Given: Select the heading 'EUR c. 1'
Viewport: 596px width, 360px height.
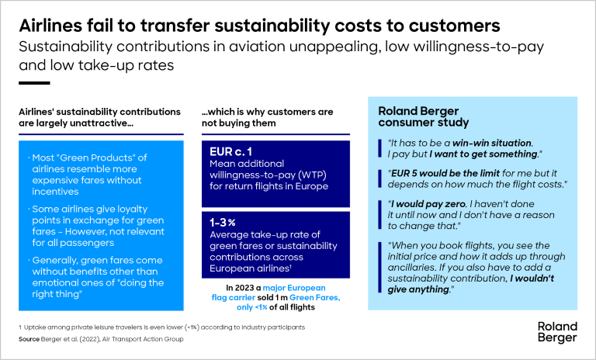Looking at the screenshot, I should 231,151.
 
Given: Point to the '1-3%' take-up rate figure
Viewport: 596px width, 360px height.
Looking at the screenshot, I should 224,221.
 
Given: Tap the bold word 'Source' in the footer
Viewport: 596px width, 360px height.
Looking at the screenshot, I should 30,339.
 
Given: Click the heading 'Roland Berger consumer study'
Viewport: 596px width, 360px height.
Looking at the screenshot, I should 423,116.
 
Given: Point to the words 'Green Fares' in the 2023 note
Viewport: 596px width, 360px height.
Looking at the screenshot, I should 307,299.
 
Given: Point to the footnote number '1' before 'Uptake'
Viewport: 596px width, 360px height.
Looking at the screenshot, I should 20,327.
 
